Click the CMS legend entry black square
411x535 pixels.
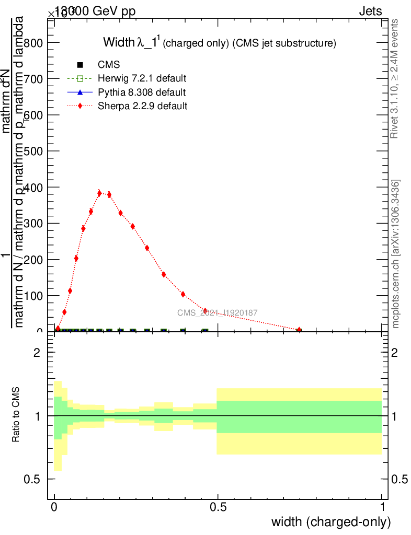(80, 65)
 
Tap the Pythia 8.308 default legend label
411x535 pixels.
(142, 92)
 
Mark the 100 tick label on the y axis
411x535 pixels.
(32, 296)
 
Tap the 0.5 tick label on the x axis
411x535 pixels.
(218, 507)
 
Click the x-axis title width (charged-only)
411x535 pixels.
(330, 521)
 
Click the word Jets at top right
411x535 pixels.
(370, 11)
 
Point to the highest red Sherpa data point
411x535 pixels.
(99, 193)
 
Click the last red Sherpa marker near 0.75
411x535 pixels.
(299, 330)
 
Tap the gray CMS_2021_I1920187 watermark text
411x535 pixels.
(218, 313)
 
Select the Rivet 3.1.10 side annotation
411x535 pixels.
(395, 78)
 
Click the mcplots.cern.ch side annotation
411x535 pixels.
(396, 254)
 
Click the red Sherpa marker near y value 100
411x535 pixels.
(183, 294)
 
